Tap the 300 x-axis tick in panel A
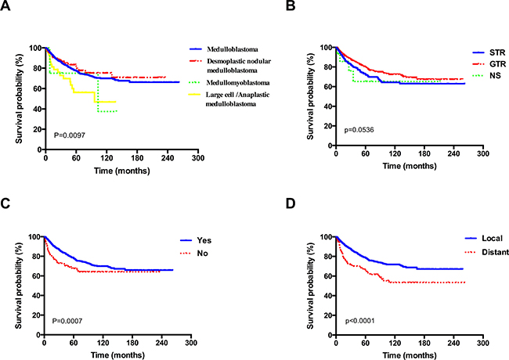[x=198, y=157]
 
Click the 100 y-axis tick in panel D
[x=322, y=236]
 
